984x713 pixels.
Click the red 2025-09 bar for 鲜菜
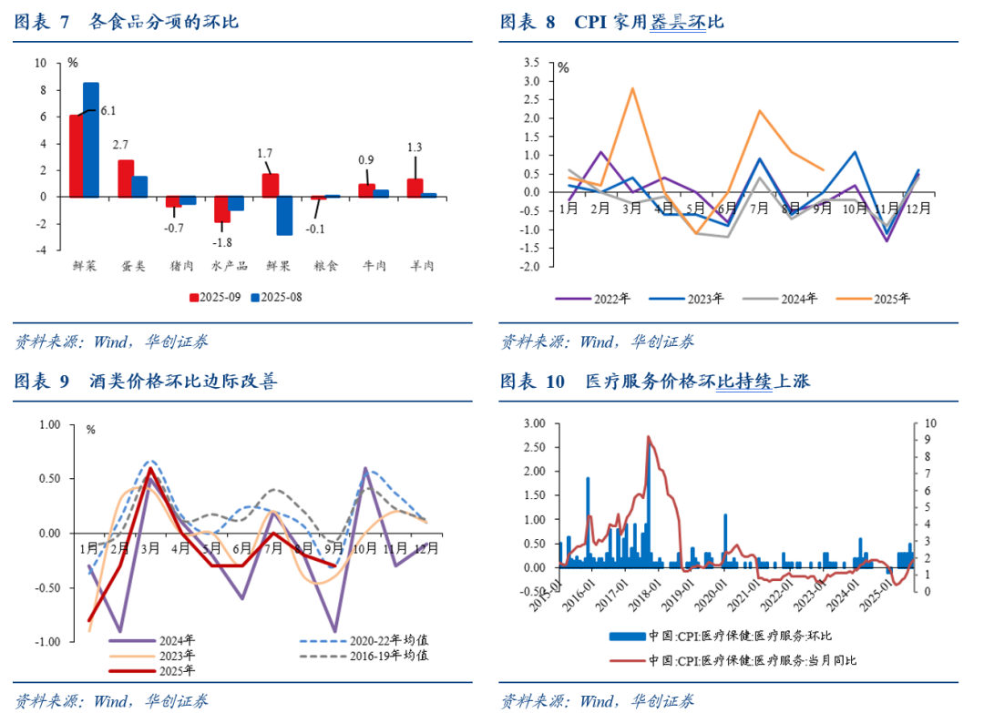76,156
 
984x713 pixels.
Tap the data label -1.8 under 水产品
223,242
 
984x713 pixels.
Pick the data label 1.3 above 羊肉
414,148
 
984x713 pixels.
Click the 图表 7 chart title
127,21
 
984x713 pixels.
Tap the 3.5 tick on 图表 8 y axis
531,63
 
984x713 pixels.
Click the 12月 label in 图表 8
918,208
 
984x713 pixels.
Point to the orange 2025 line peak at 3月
631,88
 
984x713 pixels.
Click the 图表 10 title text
654,381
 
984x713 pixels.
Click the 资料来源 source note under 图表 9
110,700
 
